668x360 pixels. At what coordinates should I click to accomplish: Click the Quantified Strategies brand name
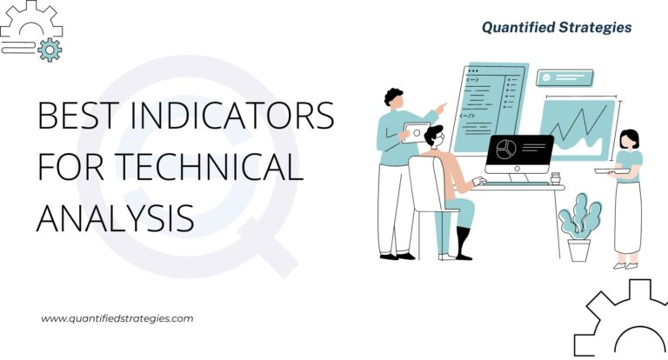pyautogui.click(x=558, y=28)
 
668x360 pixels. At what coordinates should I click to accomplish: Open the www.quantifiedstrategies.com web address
pyautogui.click(x=117, y=319)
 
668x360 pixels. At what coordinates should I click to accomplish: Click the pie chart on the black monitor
pyautogui.click(x=505, y=150)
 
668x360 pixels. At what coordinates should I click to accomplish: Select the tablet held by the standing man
pyautogui.click(x=415, y=131)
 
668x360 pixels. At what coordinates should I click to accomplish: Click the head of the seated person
pyautogui.click(x=435, y=137)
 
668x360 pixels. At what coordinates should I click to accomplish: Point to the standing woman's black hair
pyautogui.click(x=629, y=137)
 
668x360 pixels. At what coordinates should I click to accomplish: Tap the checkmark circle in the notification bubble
pyautogui.click(x=546, y=77)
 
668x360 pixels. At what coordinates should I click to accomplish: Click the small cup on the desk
pyautogui.click(x=555, y=178)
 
